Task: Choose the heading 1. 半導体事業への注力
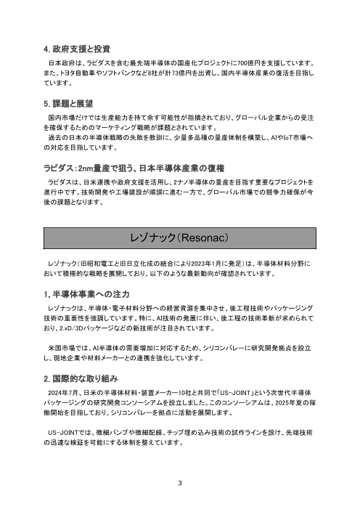click(x=86, y=294)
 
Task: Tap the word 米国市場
click(x=62, y=349)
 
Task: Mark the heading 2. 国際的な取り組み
click(x=80, y=379)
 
